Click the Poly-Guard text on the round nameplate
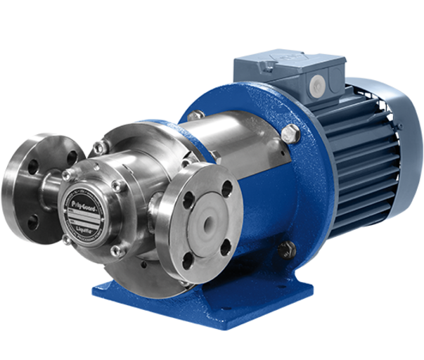coord(84,198)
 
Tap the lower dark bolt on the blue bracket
coord(287,247)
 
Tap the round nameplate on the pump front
coord(84,209)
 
